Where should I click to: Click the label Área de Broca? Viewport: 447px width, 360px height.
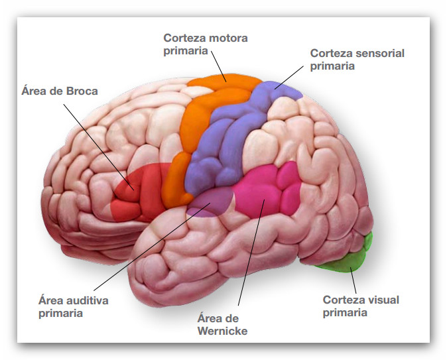click(59, 91)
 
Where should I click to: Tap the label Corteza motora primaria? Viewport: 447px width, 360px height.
click(206, 44)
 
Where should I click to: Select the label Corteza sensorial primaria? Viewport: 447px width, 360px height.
click(357, 59)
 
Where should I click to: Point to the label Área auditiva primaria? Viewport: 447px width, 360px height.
click(73, 306)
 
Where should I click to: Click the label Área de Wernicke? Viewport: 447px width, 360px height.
click(222, 324)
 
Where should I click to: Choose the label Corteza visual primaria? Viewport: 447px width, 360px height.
click(361, 306)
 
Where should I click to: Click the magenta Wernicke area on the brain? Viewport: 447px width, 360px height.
click(269, 192)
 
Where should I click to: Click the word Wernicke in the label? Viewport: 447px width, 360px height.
click(222, 330)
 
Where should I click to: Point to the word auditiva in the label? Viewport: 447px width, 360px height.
click(87, 300)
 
